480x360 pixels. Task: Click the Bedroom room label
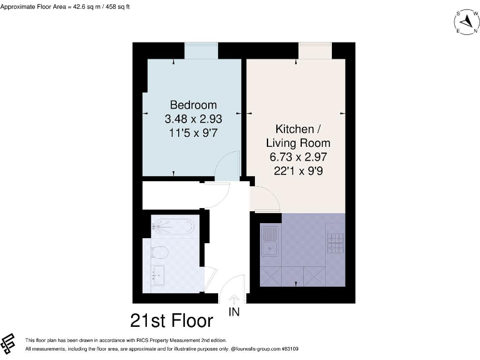pyautogui.click(x=193, y=104)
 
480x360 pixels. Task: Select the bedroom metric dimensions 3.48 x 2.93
pyautogui.click(x=193, y=118)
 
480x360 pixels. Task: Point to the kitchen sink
pyautogui.click(x=271, y=242)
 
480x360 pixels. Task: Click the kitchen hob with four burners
pyautogui.click(x=335, y=242)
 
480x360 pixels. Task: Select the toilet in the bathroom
pyautogui.click(x=160, y=254)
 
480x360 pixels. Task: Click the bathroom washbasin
pyautogui.click(x=157, y=274)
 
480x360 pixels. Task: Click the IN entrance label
pyautogui.click(x=234, y=311)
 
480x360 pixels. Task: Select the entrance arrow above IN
pyautogui.click(x=234, y=300)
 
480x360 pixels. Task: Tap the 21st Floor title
pyautogui.click(x=172, y=321)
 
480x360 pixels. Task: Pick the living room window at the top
pyautogui.click(x=314, y=51)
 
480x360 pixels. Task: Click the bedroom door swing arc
pyautogui.click(x=226, y=166)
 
